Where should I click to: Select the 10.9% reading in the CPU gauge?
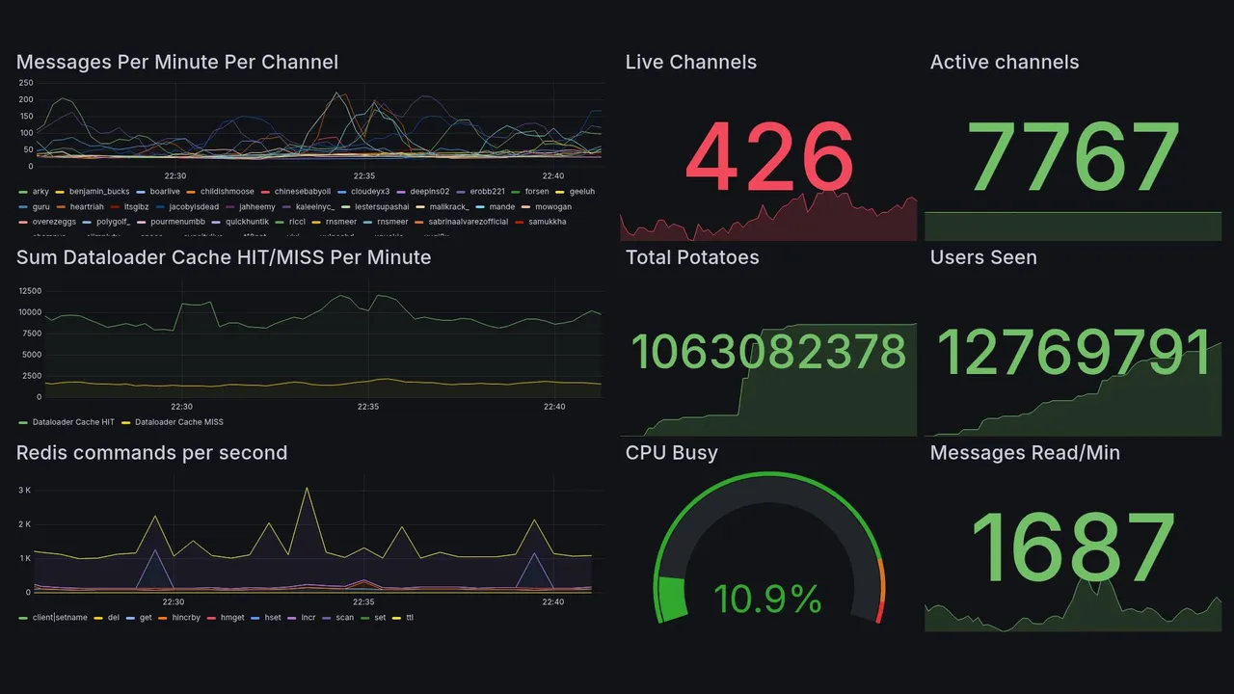tap(767, 600)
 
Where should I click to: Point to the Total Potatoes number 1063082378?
tap(768, 353)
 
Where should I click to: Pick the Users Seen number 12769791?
tap(1074, 353)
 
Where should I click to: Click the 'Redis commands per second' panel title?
tap(151, 453)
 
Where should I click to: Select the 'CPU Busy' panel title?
tap(671, 453)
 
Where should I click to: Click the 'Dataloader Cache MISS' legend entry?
tap(178, 422)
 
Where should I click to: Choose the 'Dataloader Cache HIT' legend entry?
tap(73, 422)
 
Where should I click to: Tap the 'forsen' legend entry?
tap(536, 192)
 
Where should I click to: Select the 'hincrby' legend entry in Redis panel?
tap(184, 617)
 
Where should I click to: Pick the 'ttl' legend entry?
tap(409, 617)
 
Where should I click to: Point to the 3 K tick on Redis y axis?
tap(25, 491)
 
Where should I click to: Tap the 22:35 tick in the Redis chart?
tap(364, 602)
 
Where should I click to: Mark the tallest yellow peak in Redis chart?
tap(307, 488)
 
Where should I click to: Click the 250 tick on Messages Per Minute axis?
tap(25, 83)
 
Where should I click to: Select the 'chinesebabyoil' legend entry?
tap(302, 192)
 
